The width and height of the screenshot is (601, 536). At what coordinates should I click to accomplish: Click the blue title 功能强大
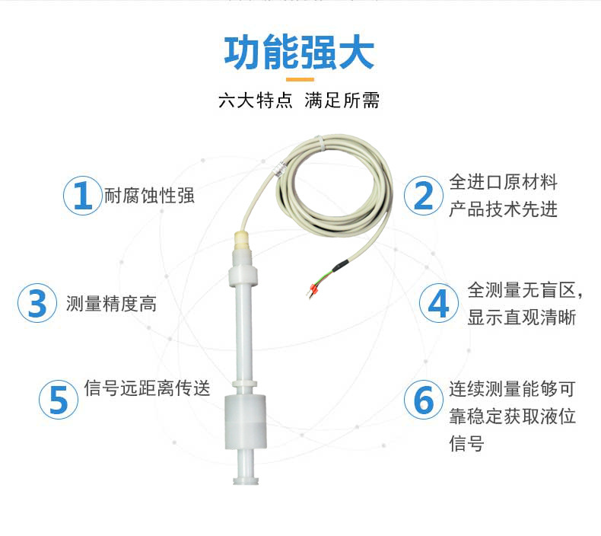coord(299,53)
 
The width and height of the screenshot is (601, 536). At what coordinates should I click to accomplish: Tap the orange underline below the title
coord(300,80)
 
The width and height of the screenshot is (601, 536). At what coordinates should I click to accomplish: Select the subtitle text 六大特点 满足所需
coord(299,101)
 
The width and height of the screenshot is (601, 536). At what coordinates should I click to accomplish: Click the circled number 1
coord(82,196)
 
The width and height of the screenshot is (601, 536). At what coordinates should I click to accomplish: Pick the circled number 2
coord(424,196)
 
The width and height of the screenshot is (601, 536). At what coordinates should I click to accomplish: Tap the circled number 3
coord(37,303)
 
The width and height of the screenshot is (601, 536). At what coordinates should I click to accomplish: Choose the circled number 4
coord(438,303)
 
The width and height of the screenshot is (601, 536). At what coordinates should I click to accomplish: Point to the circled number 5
coord(59,400)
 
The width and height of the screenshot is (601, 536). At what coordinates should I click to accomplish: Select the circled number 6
coord(424,400)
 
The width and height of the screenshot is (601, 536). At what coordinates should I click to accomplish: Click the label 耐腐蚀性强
coord(149,196)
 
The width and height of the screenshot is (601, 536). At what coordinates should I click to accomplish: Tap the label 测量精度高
coord(111,304)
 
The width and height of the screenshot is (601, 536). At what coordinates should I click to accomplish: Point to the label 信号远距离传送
coord(147,388)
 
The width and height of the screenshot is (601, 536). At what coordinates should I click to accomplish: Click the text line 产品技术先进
coord(504,209)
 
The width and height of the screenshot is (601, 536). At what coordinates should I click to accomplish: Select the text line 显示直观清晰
coord(522,317)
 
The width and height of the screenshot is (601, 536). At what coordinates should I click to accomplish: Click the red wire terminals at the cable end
coord(311,289)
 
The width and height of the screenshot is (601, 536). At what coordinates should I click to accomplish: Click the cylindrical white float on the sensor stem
coord(245,423)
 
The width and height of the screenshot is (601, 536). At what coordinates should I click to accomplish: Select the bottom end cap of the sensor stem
coord(245,480)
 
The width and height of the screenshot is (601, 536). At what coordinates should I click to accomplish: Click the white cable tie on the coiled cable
coord(320,142)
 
